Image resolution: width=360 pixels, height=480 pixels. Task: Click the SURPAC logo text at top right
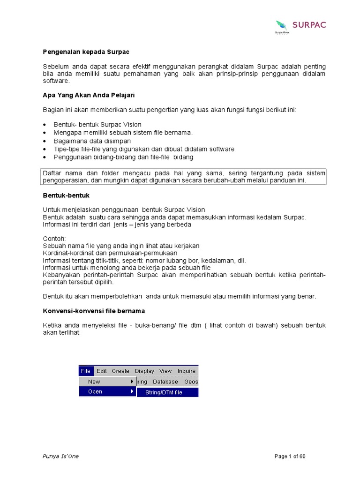(309, 25)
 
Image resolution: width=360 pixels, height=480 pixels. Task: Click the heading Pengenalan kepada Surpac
(86, 52)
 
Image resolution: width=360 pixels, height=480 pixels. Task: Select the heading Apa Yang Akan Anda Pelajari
(89, 95)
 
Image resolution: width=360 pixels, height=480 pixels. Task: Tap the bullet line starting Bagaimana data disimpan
(92, 141)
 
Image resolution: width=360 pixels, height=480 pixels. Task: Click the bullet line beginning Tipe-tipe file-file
(144, 149)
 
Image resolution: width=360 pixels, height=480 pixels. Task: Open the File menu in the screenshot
(86, 371)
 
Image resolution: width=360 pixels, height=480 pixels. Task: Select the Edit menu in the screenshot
(102, 371)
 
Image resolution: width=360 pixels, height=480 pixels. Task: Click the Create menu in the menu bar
(120, 371)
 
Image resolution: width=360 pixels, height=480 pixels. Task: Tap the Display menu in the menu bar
(144, 371)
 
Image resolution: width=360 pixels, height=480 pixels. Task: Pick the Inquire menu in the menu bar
(186, 371)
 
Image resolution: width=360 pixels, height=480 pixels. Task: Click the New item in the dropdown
(94, 382)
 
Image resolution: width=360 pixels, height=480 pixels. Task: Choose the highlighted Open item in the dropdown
(95, 392)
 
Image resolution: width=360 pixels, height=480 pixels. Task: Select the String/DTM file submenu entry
(164, 392)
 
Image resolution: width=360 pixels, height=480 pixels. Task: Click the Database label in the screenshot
(165, 382)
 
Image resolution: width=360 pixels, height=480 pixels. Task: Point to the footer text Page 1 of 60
(290, 457)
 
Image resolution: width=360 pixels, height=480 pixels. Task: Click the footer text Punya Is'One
(61, 457)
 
